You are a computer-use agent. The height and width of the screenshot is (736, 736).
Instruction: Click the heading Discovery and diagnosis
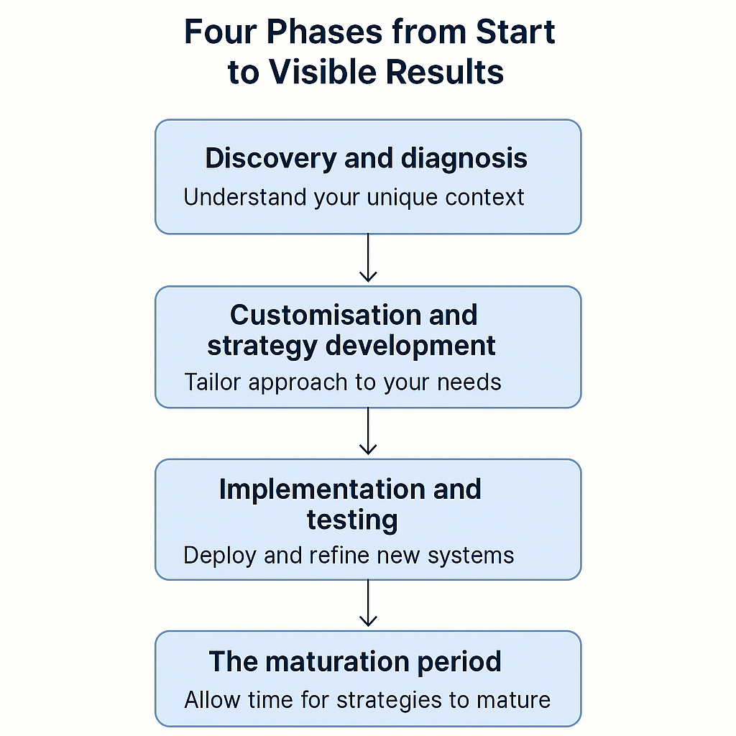point(367,158)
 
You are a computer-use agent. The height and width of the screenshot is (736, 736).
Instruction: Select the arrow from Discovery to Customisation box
point(368,259)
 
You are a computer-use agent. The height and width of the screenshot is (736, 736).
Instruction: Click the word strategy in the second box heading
point(263,346)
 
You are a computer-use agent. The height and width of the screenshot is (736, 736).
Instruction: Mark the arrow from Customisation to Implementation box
point(368,432)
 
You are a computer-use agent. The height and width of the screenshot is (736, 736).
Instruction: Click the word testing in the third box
point(352,520)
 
